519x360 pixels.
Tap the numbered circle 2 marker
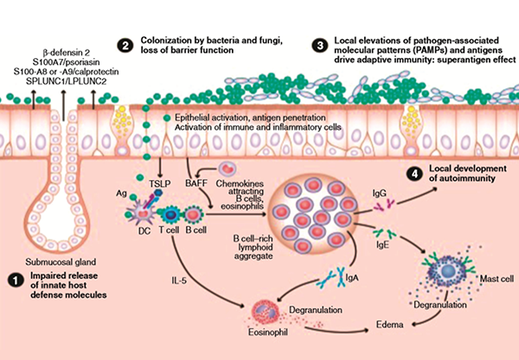tap(126, 45)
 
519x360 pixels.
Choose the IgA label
tap(347, 290)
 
